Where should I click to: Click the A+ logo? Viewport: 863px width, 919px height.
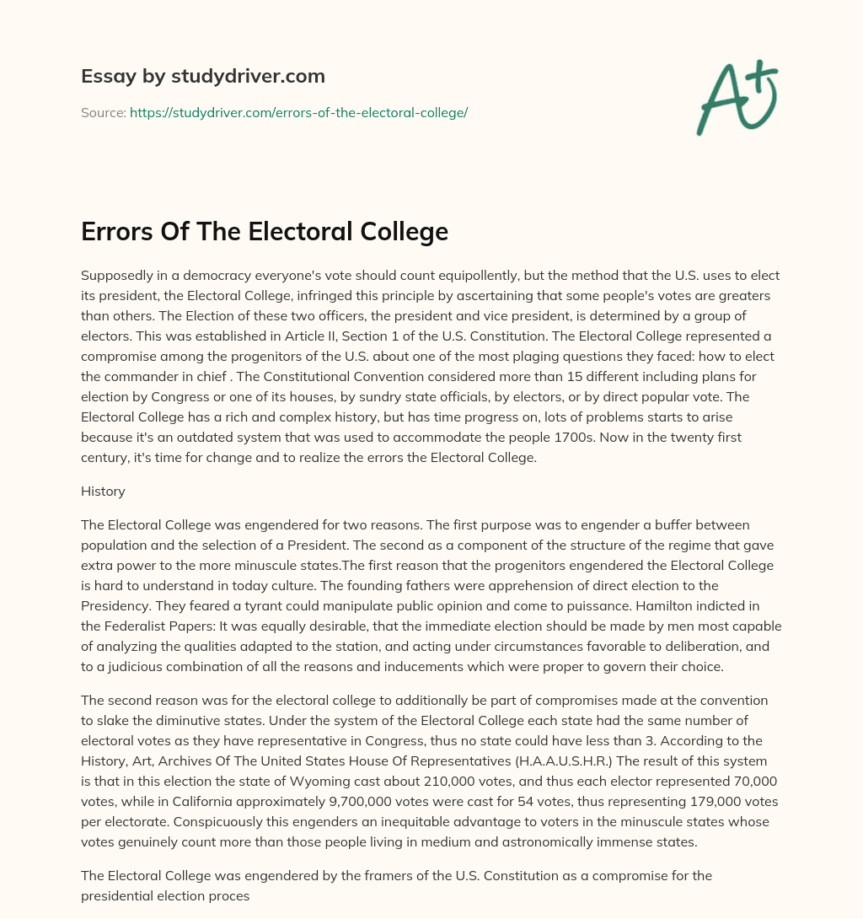737,97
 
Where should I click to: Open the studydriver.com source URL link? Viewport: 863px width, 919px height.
298,112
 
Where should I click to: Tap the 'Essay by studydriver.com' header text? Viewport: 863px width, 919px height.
202,77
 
